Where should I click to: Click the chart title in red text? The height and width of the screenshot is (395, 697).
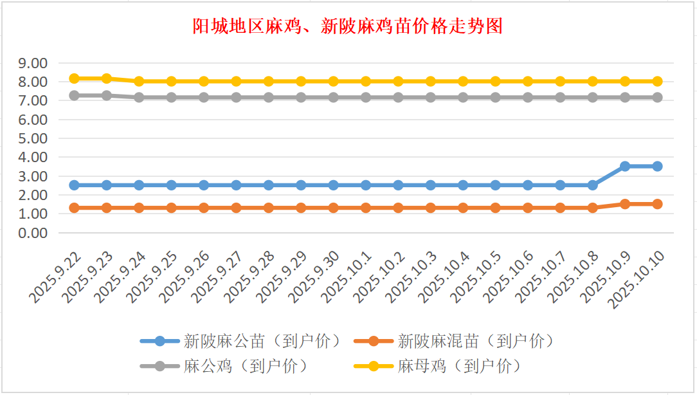[348, 26]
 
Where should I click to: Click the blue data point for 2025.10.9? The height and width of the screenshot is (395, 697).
[624, 166]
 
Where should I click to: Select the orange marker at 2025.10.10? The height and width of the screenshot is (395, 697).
[657, 204]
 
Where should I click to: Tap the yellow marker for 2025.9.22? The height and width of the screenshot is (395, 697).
[74, 78]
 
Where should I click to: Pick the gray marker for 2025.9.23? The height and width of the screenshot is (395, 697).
[107, 95]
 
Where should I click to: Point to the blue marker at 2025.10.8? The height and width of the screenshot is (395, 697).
[592, 185]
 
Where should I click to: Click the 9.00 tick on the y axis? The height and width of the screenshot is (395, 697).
[33, 63]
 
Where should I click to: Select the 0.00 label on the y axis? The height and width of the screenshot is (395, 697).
[33, 233]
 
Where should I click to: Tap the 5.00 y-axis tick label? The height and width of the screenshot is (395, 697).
[33, 138]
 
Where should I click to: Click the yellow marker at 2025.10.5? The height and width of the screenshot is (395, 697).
[495, 82]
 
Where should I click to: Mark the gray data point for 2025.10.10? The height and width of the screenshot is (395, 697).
[657, 97]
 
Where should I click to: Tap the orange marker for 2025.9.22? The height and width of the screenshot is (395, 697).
[74, 208]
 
